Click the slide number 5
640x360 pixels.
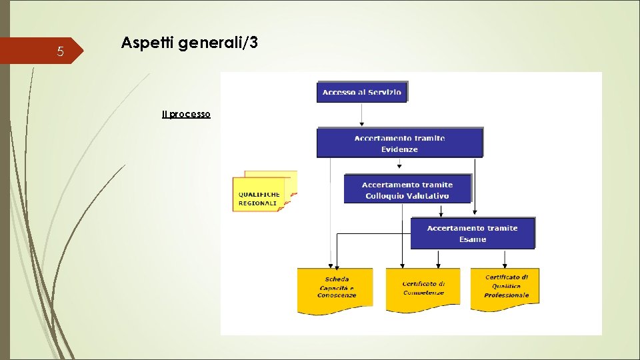(x=60, y=52)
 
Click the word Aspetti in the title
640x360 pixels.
(x=143, y=44)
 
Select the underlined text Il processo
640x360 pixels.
(x=186, y=115)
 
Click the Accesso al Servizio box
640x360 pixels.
(x=361, y=92)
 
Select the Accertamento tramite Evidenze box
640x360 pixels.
(x=399, y=143)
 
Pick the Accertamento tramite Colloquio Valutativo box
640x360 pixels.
(x=407, y=189)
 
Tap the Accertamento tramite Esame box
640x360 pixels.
(x=472, y=233)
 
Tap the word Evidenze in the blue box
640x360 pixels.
(x=399, y=149)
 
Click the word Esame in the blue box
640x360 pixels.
(x=472, y=239)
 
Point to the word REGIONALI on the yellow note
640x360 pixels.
(x=258, y=203)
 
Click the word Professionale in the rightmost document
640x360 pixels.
(x=507, y=295)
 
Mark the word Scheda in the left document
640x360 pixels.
(x=337, y=279)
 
